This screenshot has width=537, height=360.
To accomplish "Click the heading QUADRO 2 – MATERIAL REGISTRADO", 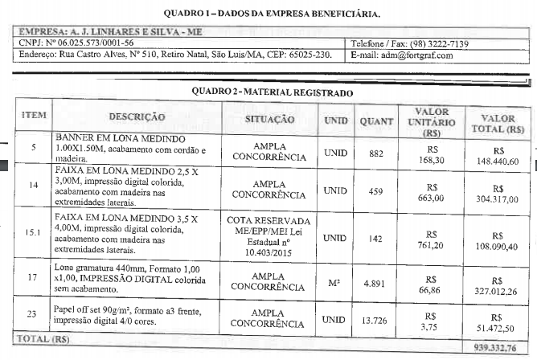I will point(272,92).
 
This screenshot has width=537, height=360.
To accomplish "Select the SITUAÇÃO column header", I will point(268,119).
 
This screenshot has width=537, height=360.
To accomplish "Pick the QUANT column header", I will point(376,121).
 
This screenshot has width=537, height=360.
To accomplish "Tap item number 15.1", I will point(34,233).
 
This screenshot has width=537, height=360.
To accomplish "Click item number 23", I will point(34,312).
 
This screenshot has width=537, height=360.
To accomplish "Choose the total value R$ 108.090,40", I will point(497,239).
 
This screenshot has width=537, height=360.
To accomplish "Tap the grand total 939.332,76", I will point(496,348).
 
